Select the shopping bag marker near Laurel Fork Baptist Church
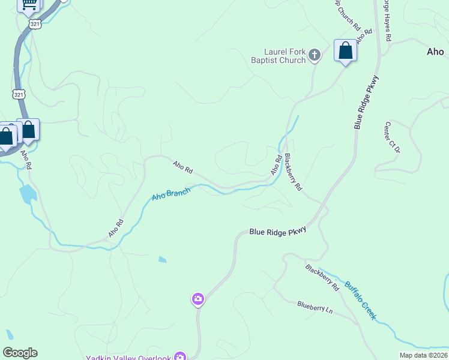click(x=345, y=50)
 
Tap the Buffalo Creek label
click(x=360, y=300)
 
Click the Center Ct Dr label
click(x=391, y=137)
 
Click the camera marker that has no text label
click(x=197, y=299)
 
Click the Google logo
click(x=20, y=353)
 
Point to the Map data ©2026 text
click(x=423, y=355)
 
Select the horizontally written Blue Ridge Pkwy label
click(x=278, y=231)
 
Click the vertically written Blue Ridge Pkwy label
click(x=366, y=101)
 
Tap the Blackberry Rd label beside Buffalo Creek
click(x=322, y=278)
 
